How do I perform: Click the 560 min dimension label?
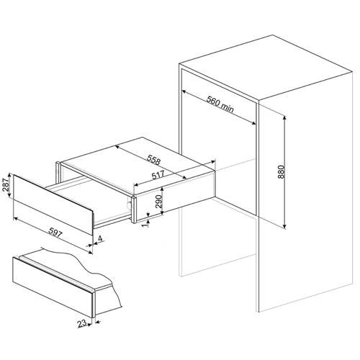220,104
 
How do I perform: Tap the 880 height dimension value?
281,172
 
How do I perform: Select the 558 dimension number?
153,160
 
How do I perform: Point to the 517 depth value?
158,175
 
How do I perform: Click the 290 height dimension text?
158,202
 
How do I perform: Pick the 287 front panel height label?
6,185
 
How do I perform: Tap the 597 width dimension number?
55,233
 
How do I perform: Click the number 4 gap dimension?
100,238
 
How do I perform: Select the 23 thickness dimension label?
82,324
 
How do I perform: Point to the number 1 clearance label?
145,226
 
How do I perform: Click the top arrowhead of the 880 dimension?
284,118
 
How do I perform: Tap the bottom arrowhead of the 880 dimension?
284,226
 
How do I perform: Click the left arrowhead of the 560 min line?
184,91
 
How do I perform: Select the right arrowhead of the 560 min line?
253,123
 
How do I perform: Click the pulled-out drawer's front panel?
53,204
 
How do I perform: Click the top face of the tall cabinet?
266,67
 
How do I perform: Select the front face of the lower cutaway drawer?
53,287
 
